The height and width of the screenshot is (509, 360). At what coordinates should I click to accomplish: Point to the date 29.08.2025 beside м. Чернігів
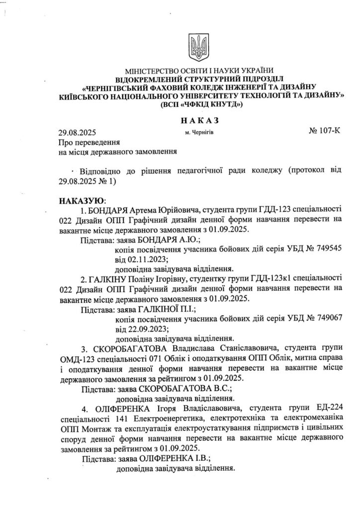click(77, 133)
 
